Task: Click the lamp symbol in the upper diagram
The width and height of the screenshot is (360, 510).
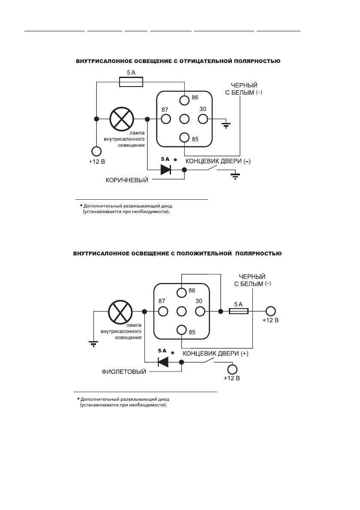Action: pyautogui.click(x=122, y=119)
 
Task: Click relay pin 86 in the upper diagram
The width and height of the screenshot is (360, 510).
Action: pyautogui.click(x=184, y=100)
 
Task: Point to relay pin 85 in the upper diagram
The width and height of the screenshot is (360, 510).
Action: pyautogui.click(x=184, y=137)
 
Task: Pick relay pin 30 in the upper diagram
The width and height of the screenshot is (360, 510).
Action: pyautogui.click(x=203, y=119)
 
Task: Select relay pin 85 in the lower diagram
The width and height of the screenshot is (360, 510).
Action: pyautogui.click(x=181, y=330)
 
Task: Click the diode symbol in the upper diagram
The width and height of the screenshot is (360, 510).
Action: pyautogui.click(x=166, y=170)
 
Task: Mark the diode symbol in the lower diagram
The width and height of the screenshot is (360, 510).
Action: pyautogui.click(x=163, y=362)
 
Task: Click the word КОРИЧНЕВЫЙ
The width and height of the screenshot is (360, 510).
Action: pyautogui.click(x=127, y=180)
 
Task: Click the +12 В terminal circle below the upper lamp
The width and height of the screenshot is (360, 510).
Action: pyautogui.click(x=96, y=151)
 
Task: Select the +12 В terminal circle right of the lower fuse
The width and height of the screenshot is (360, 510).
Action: pyautogui.click(x=270, y=312)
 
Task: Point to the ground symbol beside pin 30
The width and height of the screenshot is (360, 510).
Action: pyautogui.click(x=226, y=125)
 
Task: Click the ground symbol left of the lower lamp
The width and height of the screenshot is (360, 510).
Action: pyautogui.click(x=93, y=342)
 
